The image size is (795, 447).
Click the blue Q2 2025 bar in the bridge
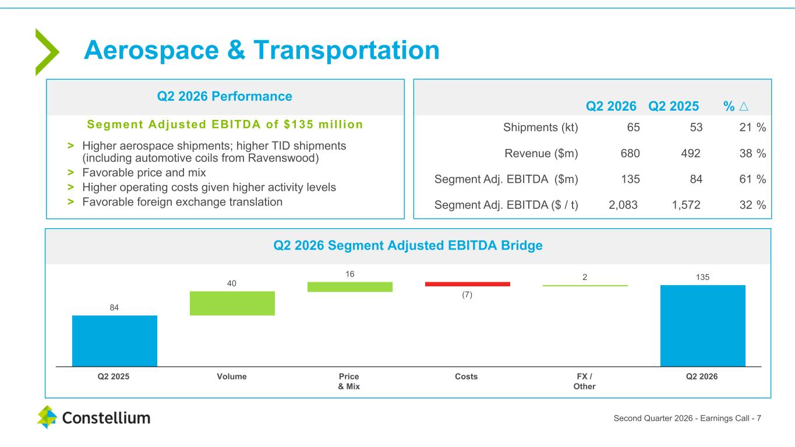[115, 341]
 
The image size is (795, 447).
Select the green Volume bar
[232, 303]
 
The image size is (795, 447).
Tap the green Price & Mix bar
[350, 286]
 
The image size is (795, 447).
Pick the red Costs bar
[468, 284]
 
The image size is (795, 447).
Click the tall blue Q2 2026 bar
[703, 326]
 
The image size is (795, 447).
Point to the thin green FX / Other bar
[585, 286]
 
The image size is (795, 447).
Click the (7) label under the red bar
[467, 295]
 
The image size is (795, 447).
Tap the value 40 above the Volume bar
[231, 283]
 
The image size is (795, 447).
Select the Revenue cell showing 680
[630, 153]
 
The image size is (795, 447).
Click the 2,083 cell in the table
[623, 205]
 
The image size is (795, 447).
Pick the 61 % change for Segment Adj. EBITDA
[752, 179]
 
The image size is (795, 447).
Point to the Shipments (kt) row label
[540, 127]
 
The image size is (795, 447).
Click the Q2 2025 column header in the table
[673, 106]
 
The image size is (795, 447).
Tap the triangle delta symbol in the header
[744, 106]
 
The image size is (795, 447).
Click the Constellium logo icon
[47, 417]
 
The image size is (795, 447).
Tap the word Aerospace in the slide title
[151, 50]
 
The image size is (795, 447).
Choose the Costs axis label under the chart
[466, 377]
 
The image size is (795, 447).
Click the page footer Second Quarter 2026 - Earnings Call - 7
[687, 418]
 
